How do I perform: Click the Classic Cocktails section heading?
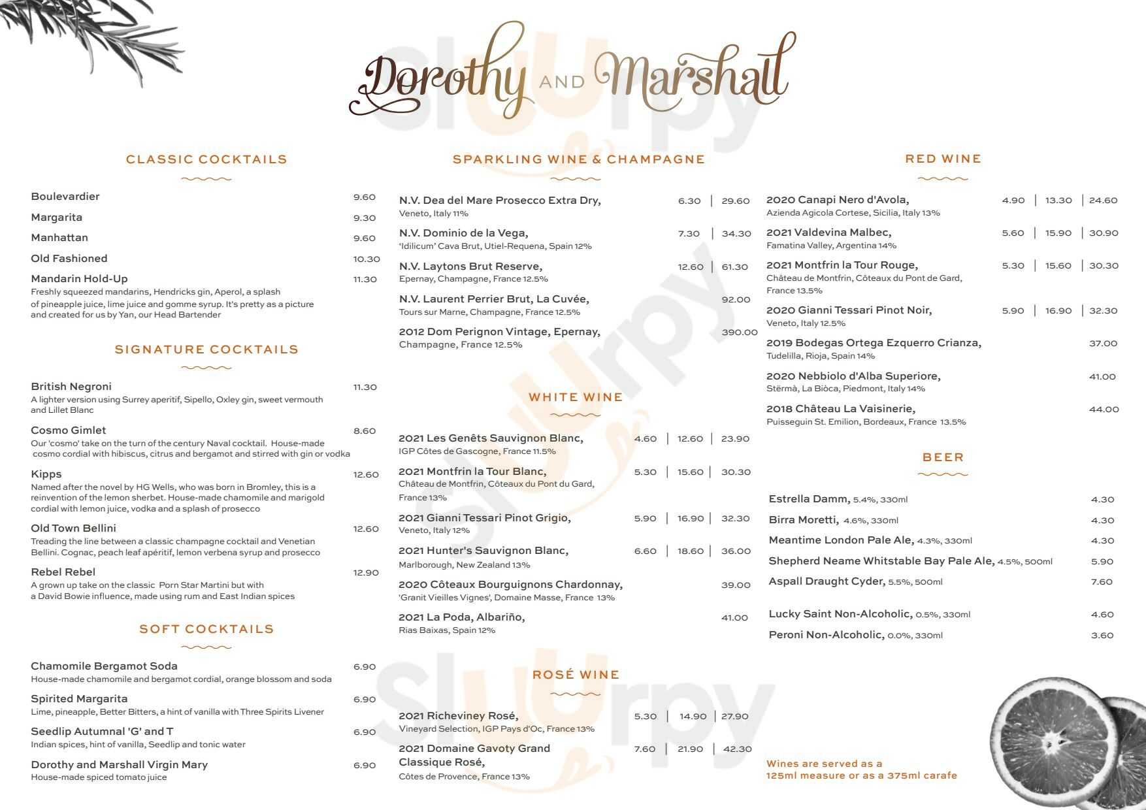[x=206, y=159]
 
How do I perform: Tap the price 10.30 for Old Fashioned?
[x=367, y=259]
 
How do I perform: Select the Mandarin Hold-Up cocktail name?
[x=79, y=279]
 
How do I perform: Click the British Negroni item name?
[x=71, y=387]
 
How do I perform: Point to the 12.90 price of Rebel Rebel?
[x=366, y=573]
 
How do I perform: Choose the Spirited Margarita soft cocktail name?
[x=79, y=699]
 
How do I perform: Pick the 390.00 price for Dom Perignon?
[x=739, y=332]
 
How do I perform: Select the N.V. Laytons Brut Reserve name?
[x=470, y=267]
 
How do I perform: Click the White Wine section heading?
[x=576, y=397]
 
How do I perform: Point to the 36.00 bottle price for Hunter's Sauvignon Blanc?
[x=736, y=551]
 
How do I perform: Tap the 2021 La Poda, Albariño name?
[x=461, y=617]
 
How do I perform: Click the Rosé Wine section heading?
[x=576, y=675]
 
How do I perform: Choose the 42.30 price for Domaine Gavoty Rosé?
[x=737, y=749]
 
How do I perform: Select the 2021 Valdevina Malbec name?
[x=828, y=233]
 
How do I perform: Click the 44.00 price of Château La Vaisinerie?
[x=1104, y=410]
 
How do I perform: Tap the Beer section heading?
[x=943, y=457]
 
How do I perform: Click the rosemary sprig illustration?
[x=98, y=36]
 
